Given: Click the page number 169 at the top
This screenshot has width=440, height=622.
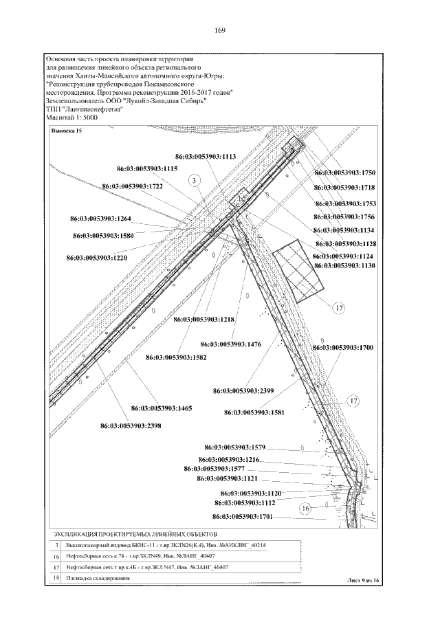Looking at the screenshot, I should tap(221, 30).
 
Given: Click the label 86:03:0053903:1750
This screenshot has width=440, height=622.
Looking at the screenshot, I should tap(344, 173).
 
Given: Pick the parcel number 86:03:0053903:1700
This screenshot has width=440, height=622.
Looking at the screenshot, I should tap(343, 348).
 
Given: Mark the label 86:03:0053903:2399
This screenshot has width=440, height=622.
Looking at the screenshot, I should tap(243, 390).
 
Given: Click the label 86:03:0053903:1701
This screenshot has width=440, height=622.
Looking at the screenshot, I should tap(243, 516).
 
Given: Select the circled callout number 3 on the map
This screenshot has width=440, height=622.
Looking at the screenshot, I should tap(195, 180).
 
